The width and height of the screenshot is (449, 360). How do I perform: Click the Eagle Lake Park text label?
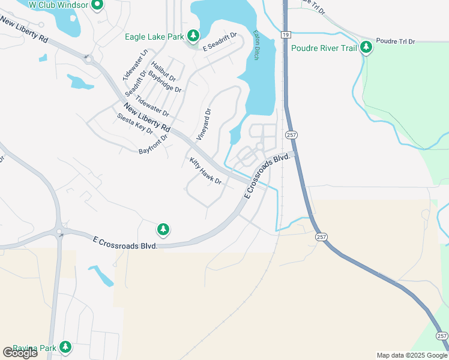[x=154, y=37]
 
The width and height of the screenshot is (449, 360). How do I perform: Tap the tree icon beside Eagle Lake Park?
[x=193, y=36]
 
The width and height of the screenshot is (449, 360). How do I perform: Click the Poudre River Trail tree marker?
[x=366, y=48]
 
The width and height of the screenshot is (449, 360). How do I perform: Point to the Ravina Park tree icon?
[x=65, y=347]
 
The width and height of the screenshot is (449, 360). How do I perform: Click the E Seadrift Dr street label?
[x=220, y=42]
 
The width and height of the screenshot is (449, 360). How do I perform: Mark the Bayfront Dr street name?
[x=153, y=143]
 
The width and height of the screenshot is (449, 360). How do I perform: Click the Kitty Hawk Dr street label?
[x=206, y=171]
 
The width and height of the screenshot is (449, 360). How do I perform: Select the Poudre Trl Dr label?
[x=395, y=41]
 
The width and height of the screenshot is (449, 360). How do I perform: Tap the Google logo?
[x=20, y=353]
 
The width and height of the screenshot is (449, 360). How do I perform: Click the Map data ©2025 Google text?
[x=412, y=355]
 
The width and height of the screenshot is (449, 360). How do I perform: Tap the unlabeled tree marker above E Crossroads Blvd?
[x=163, y=229]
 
